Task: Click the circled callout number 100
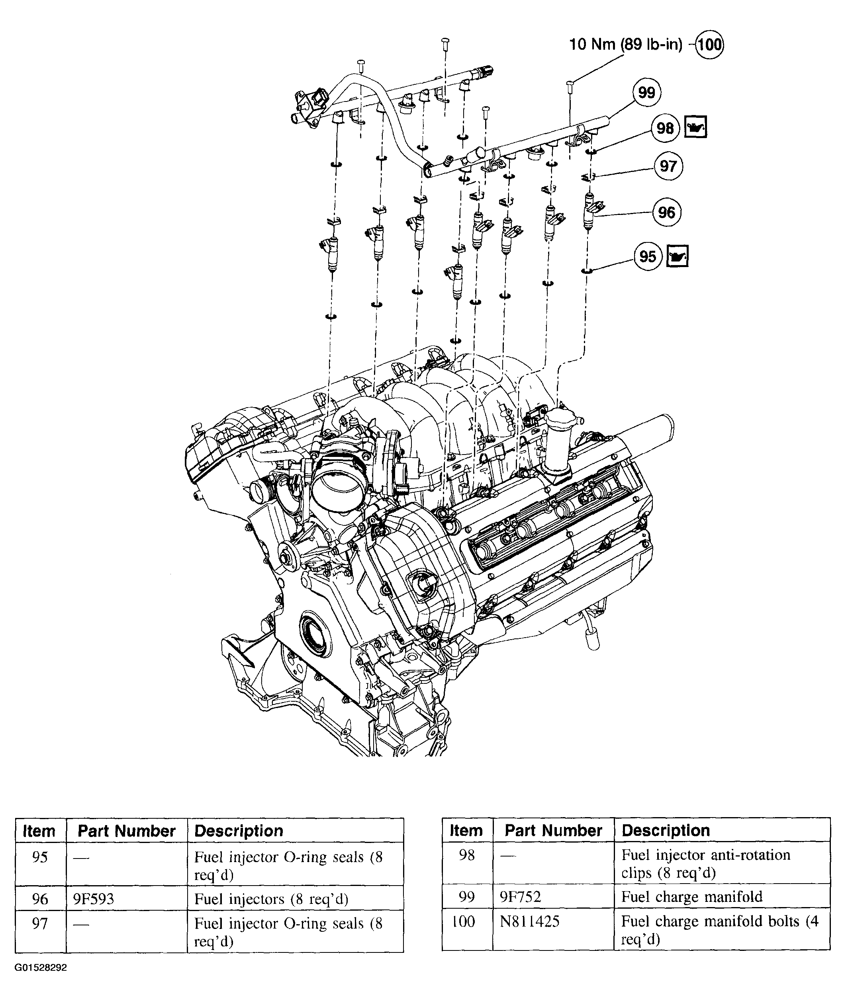(x=709, y=44)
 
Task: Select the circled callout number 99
(x=646, y=92)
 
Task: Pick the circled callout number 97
(x=668, y=166)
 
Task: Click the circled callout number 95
(x=648, y=256)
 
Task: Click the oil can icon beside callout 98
(x=695, y=127)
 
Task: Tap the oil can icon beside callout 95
(x=677, y=256)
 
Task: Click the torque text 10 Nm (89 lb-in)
(x=625, y=45)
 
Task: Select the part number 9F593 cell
(x=94, y=898)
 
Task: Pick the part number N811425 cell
(x=529, y=921)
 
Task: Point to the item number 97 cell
(x=40, y=923)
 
